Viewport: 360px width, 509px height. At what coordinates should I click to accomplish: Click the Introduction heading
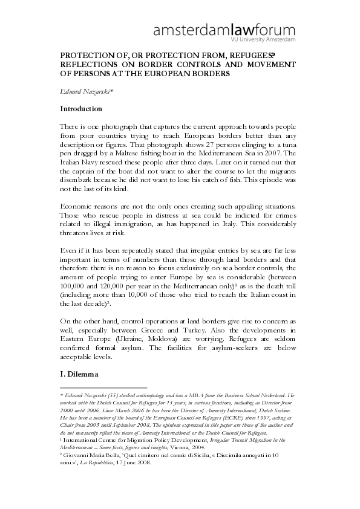click(x=89, y=109)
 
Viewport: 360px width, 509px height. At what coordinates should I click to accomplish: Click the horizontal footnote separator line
click(x=103, y=387)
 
